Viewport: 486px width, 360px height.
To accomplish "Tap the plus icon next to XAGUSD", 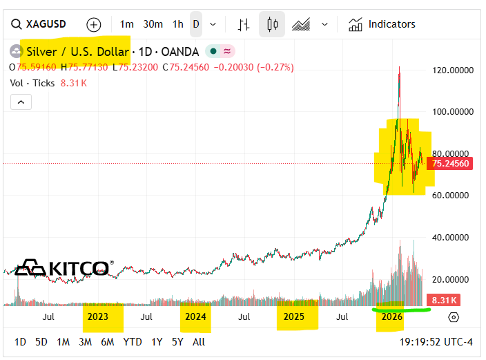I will pyautogui.click(x=93, y=24).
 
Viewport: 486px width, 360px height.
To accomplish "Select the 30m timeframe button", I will pyautogui.click(x=153, y=24).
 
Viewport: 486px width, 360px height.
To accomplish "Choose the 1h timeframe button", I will pyautogui.click(x=178, y=24).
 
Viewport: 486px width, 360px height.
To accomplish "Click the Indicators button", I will pyautogui.click(x=382, y=24).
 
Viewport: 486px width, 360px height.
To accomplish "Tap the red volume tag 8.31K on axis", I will pyautogui.click(x=443, y=301).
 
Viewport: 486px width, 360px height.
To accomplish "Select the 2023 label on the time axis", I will pyautogui.click(x=97, y=317).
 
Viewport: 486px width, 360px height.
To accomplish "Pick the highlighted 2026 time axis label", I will pyautogui.click(x=391, y=317).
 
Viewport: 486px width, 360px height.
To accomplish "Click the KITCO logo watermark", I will pyautogui.click(x=62, y=267).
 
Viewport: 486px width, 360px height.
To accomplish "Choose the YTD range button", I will pyautogui.click(x=132, y=341).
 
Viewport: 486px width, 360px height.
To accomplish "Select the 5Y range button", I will pyautogui.click(x=177, y=341).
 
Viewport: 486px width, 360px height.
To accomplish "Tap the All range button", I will pyautogui.click(x=199, y=341).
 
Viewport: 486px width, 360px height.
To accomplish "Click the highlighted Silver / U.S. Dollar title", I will pyautogui.click(x=77, y=52).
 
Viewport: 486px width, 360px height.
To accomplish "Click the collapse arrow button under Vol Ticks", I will pyautogui.click(x=21, y=102).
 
